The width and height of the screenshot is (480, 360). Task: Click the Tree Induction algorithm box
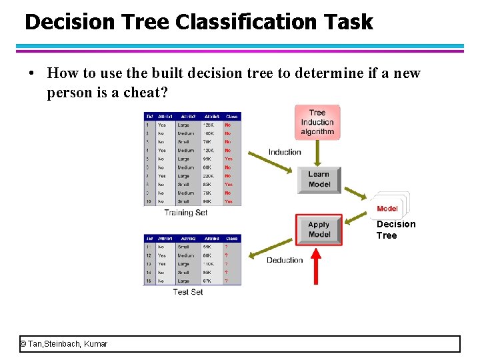[317, 123]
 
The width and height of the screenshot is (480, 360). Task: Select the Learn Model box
[319, 179]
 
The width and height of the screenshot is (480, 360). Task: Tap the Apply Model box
[319, 230]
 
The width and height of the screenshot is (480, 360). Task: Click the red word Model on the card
[387, 209]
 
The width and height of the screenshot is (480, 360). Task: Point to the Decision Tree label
[395, 229]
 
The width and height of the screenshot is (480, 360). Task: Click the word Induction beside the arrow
[285, 152]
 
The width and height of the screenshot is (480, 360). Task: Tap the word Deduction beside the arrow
[285, 260]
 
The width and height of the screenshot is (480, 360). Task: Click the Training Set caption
[186, 213]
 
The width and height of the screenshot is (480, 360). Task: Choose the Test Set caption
[188, 292]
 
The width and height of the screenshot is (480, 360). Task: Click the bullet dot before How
[32, 73]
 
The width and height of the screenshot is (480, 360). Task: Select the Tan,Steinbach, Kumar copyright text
[64, 344]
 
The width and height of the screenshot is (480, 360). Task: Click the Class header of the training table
[231, 117]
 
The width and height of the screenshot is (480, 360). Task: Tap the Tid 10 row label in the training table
[149, 201]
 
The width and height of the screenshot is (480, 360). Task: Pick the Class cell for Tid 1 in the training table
[228, 125]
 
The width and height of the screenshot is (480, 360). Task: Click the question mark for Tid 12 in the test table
[226, 255]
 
